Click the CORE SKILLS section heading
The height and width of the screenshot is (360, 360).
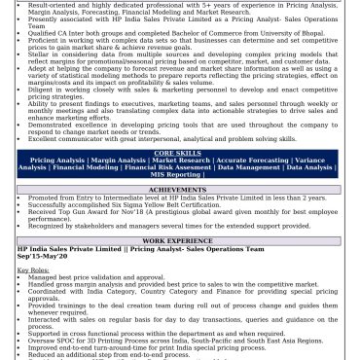(x=179, y=153)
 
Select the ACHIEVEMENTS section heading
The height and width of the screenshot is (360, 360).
(x=179, y=190)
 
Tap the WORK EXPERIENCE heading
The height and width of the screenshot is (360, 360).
(x=179, y=240)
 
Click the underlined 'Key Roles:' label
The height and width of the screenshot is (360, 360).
(x=33, y=270)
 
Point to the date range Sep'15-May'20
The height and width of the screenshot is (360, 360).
(x=42, y=256)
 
